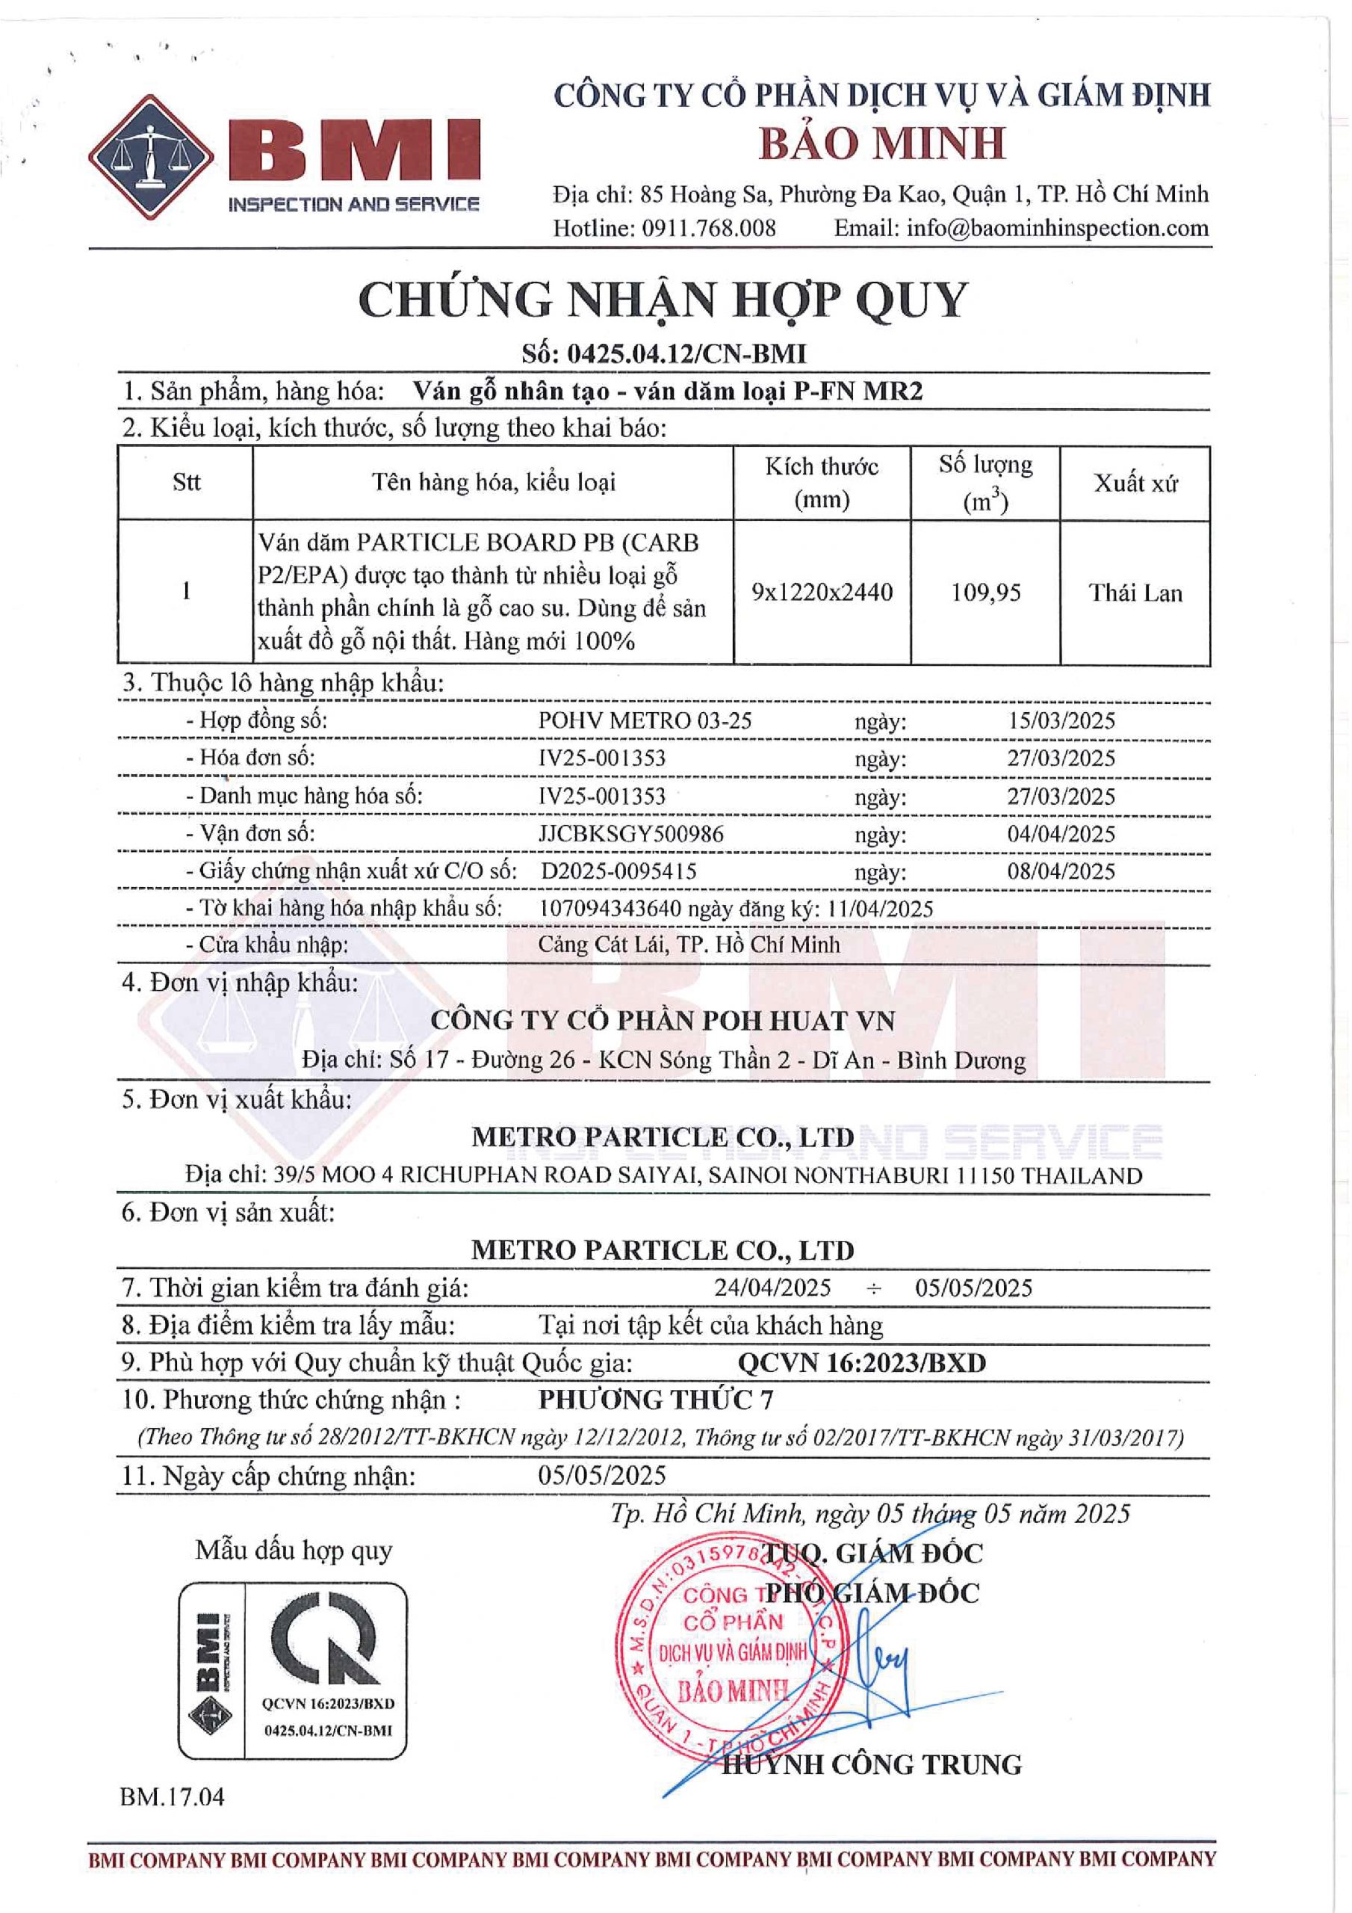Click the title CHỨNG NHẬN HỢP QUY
663,300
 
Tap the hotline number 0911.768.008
708,227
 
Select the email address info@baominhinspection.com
1057,227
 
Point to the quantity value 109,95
985,593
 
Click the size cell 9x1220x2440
822,593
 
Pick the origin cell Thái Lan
1135,593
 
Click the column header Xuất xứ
1135,483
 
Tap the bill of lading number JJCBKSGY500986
630,833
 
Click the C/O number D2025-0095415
619,871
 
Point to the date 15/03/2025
1061,720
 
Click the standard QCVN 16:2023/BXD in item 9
861,1363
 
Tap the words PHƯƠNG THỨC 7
656,1400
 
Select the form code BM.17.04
173,1796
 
